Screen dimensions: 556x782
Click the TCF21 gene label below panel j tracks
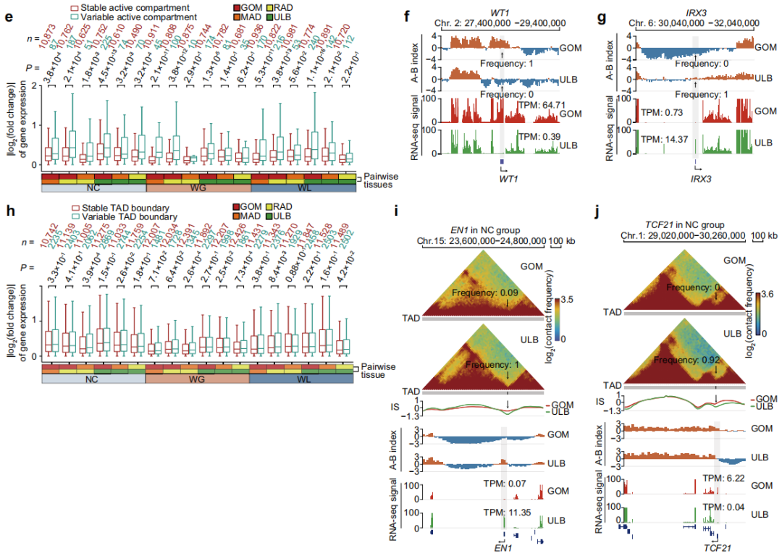tap(715, 548)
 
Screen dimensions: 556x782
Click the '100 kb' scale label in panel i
tap(563, 240)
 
